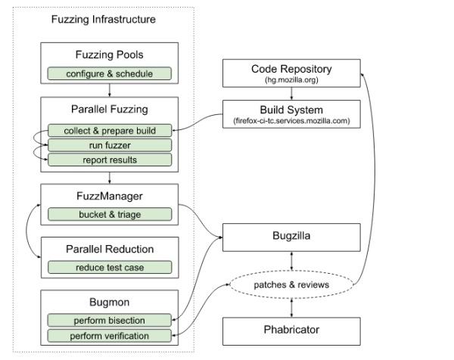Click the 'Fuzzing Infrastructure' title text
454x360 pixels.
103,20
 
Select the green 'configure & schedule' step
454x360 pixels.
110,73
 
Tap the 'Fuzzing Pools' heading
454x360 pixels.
110,55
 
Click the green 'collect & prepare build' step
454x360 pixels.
110,130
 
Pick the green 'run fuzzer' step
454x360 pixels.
110,144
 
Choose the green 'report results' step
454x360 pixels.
110,160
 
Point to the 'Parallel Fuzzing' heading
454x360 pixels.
110,110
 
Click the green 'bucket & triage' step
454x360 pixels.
110,214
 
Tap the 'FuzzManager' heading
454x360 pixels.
110,196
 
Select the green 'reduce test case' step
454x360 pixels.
110,267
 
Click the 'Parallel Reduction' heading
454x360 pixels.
110,249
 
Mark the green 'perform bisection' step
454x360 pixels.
110,320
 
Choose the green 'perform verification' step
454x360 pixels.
110,335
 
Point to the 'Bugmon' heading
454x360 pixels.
110,302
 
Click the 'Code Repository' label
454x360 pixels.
291,69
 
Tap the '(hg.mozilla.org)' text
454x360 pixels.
291,80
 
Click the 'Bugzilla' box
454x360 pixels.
291,236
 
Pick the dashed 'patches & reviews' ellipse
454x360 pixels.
291,284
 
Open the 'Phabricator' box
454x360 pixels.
291,331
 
